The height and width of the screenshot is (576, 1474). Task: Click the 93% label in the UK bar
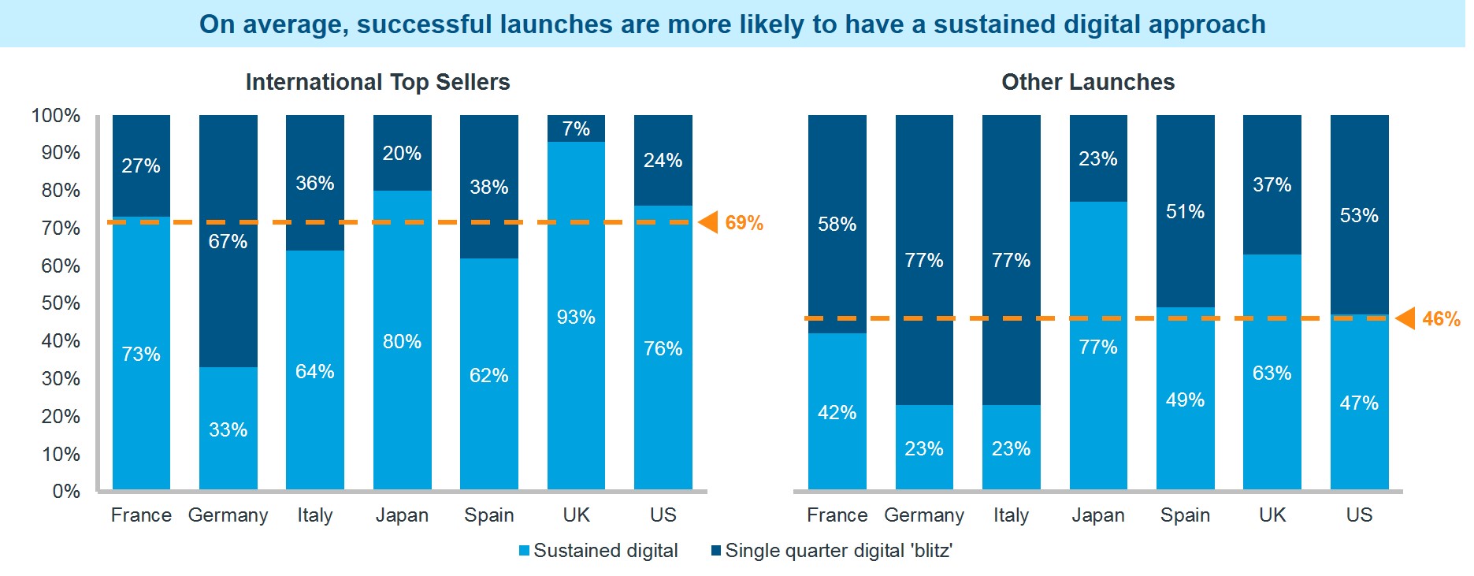coord(576,318)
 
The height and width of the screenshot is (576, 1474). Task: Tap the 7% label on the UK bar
coord(576,128)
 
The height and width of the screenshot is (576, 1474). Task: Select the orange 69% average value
coord(744,223)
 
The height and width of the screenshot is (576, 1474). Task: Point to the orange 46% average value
coord(1441,319)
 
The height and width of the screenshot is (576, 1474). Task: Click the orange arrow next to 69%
coord(709,222)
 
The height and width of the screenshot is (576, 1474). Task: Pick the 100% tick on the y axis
coord(56,116)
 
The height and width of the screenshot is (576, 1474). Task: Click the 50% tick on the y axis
coord(60,303)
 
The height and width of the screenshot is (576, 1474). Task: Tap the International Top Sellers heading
coord(377,82)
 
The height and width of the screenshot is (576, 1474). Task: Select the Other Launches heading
coord(1087,82)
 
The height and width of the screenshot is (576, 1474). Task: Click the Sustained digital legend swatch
coord(524,551)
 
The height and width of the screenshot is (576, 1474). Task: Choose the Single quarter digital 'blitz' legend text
coord(838,551)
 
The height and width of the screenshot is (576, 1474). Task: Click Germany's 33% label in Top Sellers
coord(228,429)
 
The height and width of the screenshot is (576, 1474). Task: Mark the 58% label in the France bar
coord(837,225)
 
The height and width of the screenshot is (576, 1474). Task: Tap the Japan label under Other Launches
coord(1097,515)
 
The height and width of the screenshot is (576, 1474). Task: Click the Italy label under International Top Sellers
coord(314,515)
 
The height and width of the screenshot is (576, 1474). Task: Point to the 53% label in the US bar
coord(1359,216)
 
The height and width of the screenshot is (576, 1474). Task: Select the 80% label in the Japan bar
coord(402,342)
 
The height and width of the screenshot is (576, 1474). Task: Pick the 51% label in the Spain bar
coord(1185,212)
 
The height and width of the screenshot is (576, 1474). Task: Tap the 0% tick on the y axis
coord(66,492)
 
